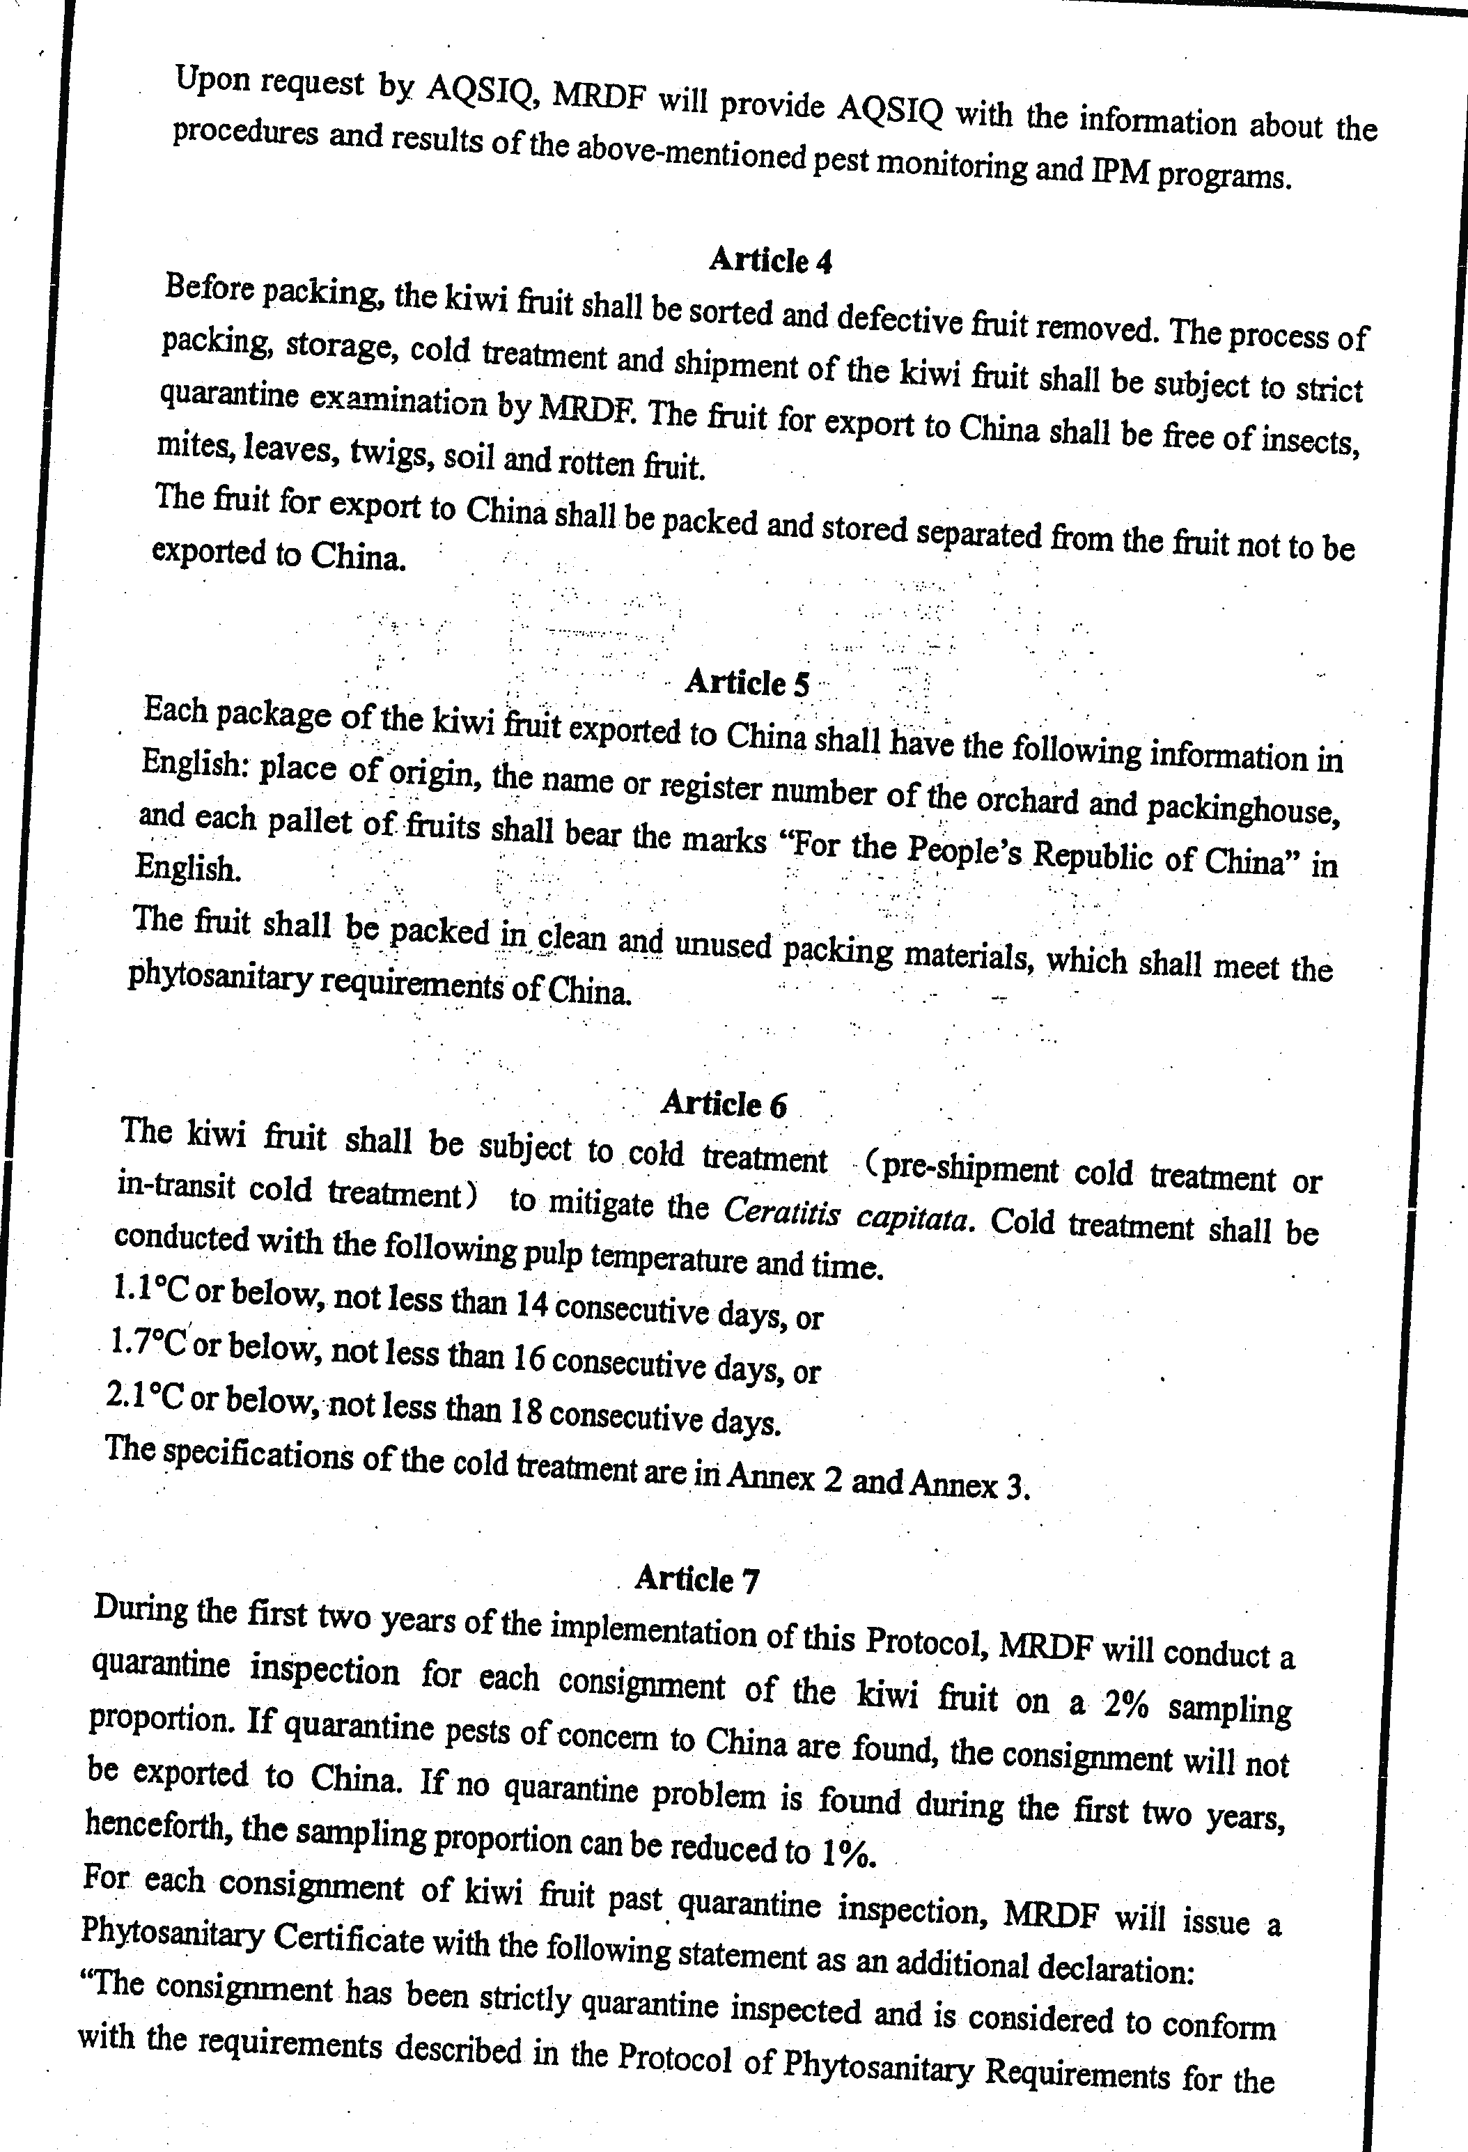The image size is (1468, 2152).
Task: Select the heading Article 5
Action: coord(747,683)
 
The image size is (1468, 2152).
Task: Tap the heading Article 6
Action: coord(724,1104)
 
